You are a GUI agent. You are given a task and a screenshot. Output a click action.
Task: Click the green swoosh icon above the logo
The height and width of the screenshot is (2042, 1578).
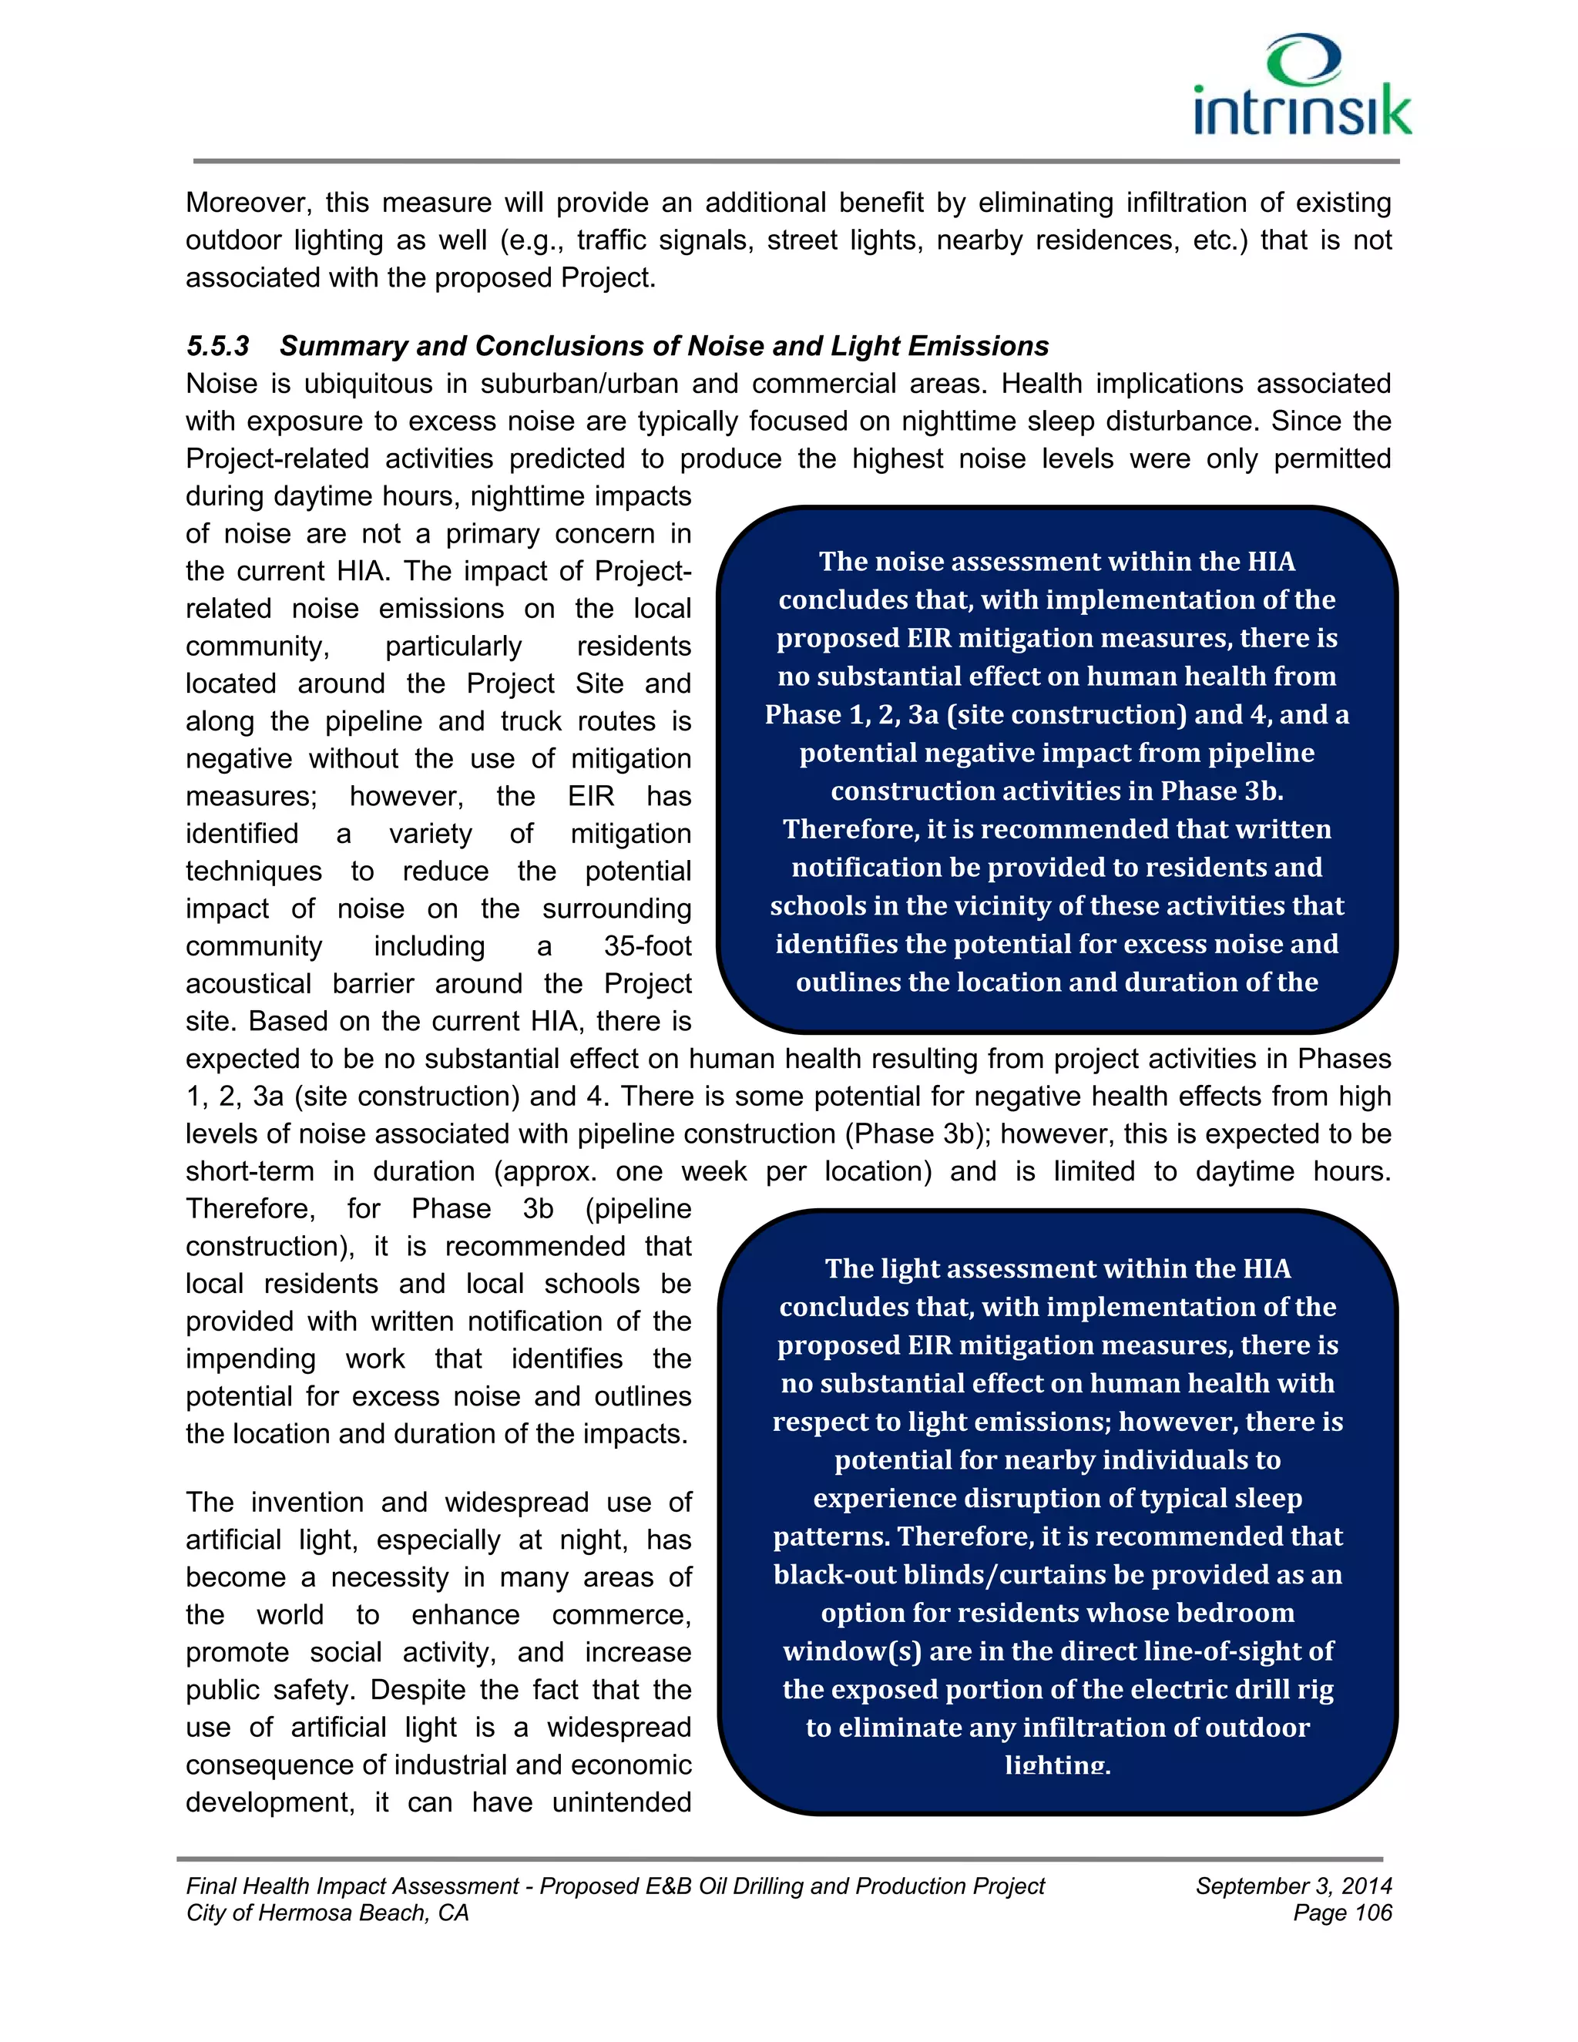pyautogui.click(x=1304, y=58)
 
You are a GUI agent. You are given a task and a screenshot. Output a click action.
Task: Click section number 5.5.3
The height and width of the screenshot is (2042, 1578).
pyautogui.click(x=218, y=346)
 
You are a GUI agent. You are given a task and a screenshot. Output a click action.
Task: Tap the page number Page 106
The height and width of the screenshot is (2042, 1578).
pyautogui.click(x=1342, y=1913)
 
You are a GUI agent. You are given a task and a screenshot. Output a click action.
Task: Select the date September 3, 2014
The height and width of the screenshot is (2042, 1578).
pyautogui.click(x=1294, y=1886)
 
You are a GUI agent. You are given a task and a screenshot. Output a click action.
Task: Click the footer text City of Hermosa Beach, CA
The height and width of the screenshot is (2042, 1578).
pyautogui.click(x=327, y=1913)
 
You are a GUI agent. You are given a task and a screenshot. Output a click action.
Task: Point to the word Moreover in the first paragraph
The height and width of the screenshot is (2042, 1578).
pyautogui.click(x=246, y=203)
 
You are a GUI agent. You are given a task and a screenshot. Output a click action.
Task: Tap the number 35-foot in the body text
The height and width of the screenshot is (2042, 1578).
pyautogui.click(x=647, y=945)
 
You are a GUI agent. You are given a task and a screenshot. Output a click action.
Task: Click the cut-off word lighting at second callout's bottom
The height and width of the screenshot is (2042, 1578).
pyautogui.click(x=1057, y=1765)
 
